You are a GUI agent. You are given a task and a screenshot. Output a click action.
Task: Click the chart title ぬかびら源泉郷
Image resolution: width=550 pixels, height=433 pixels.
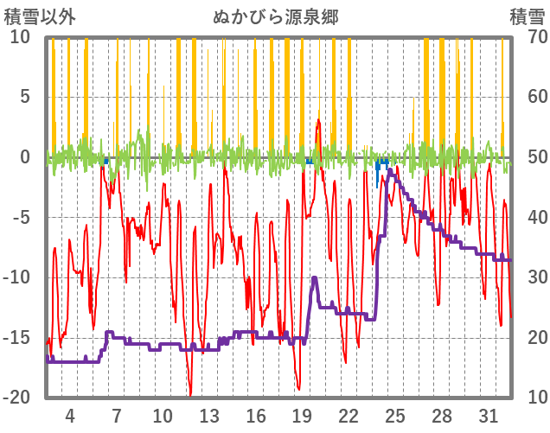pos(275,16)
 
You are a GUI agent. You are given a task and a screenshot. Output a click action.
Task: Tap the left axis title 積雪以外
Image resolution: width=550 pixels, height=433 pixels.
pos(40,16)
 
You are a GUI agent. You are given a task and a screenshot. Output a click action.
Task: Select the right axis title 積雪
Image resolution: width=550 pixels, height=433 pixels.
pos(526,16)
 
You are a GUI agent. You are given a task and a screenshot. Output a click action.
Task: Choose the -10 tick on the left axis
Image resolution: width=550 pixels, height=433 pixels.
pos(17,277)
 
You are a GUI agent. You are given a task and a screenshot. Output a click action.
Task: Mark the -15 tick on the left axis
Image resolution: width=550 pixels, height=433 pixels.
pos(17,337)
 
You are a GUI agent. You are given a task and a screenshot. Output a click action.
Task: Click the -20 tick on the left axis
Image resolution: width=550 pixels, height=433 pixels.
pos(17,398)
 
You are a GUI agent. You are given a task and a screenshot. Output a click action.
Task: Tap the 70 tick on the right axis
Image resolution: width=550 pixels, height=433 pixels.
pos(526,37)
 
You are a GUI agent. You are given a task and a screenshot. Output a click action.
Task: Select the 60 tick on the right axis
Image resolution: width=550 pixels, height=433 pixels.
pos(526,97)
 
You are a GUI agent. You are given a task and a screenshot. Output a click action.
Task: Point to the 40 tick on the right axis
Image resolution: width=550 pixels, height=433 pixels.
pos(526,217)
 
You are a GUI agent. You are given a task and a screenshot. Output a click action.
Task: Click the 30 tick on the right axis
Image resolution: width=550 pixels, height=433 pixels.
pos(526,277)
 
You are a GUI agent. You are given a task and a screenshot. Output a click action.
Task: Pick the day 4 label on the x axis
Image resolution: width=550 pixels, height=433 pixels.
pos(70,415)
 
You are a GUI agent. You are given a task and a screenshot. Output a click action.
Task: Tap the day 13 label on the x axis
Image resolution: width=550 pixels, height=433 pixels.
pos(208,415)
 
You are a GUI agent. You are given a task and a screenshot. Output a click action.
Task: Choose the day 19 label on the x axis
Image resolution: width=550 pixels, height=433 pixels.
pos(302,415)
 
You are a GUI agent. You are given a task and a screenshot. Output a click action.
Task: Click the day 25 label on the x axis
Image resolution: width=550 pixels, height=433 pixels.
pos(394,415)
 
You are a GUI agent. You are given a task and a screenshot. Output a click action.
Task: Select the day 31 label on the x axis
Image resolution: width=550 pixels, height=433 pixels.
pos(488,415)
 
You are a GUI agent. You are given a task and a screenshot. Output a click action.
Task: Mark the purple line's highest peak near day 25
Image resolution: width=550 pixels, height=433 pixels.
pos(390,170)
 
